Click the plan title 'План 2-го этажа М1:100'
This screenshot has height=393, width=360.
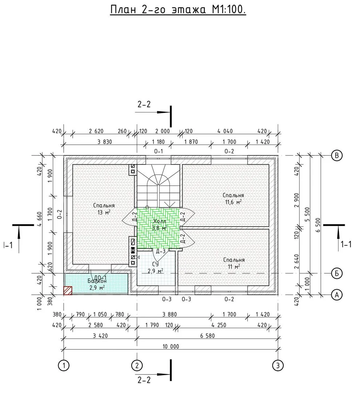click(x=178, y=10)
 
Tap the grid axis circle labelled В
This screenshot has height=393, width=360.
click(x=337, y=155)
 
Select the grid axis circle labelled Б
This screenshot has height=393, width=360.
click(x=337, y=273)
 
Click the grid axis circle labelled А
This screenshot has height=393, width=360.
click(x=337, y=295)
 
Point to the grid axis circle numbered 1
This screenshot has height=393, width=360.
click(x=64, y=366)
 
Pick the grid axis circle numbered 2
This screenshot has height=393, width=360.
click(x=137, y=366)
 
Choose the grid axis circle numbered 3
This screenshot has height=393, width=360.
click(x=277, y=366)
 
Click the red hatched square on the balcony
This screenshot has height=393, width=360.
click(x=68, y=290)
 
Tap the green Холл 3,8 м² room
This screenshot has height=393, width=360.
click(x=158, y=228)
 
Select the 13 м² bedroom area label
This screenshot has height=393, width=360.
click(x=104, y=213)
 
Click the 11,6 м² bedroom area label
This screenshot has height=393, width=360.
click(x=233, y=202)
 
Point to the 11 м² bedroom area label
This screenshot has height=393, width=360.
click(x=234, y=267)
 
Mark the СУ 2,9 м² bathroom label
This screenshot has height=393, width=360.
click(x=155, y=268)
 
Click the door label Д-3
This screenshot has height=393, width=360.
click(x=161, y=251)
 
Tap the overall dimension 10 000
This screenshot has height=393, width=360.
click(x=171, y=346)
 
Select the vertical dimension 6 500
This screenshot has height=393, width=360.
click(x=318, y=225)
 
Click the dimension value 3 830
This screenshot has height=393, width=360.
click(x=105, y=142)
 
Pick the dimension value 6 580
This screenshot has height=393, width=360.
click(x=207, y=336)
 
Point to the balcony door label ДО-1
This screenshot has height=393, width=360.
click(x=100, y=277)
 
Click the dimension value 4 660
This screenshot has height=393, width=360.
click(x=40, y=219)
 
